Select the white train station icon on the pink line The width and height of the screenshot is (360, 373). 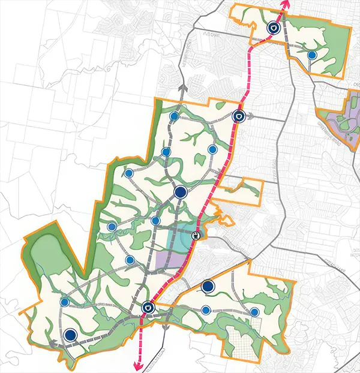coord(196,236)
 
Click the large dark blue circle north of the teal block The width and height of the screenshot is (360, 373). coord(181,192)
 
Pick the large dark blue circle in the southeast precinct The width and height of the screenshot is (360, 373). coord(208,287)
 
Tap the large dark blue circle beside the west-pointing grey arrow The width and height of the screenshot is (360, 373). coord(71,336)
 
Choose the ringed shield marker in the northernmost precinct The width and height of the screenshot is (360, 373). coord(273,27)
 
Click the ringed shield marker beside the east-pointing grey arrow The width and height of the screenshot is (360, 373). coord(239,116)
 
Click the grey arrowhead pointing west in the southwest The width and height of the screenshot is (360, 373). coord(52,344)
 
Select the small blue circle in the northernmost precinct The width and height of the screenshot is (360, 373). coord(311,55)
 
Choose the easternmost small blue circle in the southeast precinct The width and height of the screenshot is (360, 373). coord(255,312)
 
